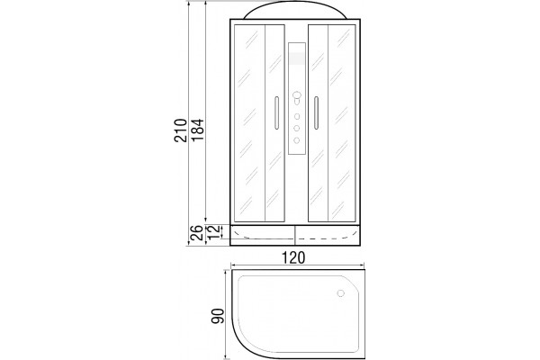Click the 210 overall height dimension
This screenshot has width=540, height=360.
click(181, 130)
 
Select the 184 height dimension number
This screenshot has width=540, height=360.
click(198, 130)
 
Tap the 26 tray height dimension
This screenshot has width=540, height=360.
click(196, 233)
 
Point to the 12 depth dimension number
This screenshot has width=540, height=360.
click(214, 233)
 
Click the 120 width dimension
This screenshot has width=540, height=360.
click(293, 257)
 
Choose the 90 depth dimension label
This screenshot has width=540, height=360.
click(218, 316)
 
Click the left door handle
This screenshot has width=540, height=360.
click(276, 113)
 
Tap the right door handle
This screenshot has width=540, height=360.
click(316, 113)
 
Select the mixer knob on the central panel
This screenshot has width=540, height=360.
click(296, 97)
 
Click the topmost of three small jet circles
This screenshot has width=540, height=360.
click(297, 116)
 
